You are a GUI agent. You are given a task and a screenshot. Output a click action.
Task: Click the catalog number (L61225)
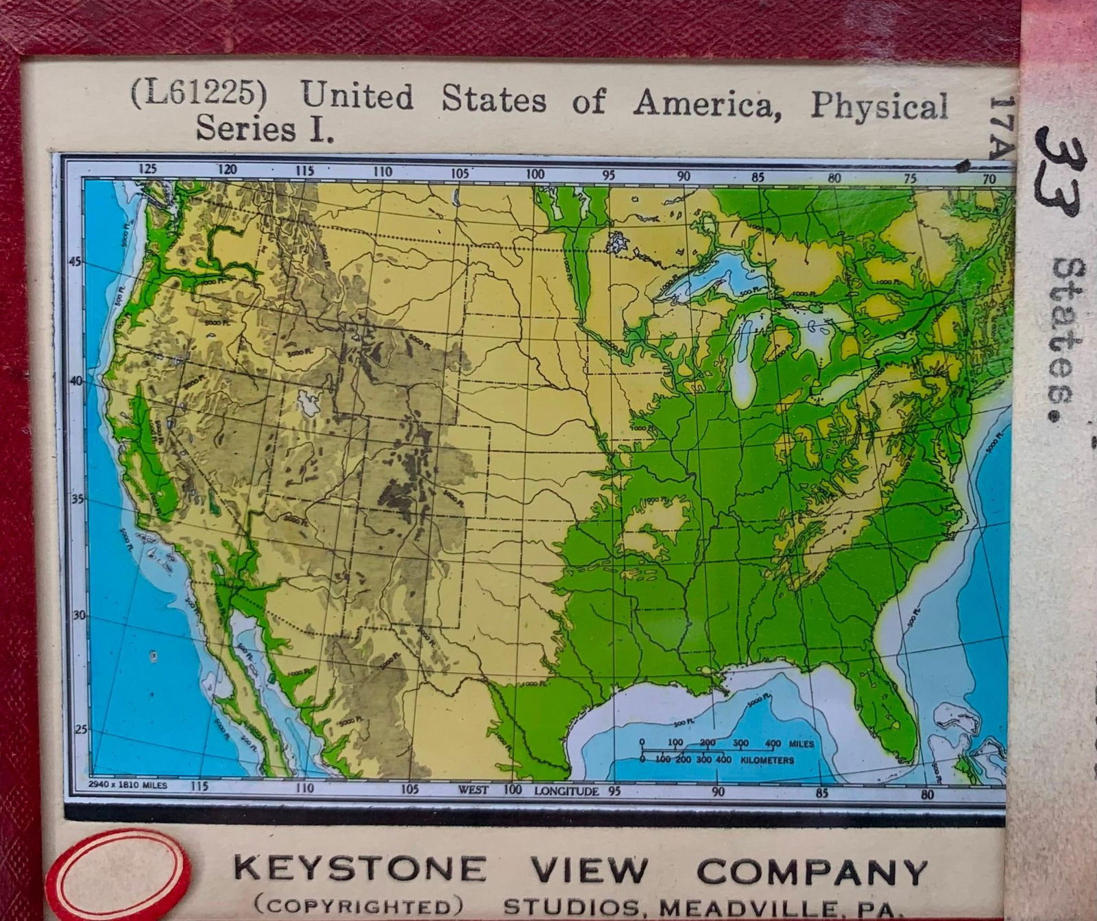pos(198,96)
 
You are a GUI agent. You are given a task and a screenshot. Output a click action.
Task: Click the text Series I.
pos(265,129)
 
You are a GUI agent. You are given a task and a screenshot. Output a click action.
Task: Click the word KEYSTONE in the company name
pos(359,869)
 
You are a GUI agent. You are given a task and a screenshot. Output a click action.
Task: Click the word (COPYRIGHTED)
pos(354,907)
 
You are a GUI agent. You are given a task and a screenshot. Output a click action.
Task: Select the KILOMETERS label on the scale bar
pos(767,761)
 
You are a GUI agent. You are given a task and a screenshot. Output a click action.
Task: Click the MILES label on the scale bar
pos(801,743)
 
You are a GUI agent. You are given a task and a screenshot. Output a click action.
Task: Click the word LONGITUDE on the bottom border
pos(566,790)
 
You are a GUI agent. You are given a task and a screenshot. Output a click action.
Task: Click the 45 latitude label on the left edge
pos(75,261)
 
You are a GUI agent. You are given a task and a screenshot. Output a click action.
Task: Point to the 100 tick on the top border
pos(535,174)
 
